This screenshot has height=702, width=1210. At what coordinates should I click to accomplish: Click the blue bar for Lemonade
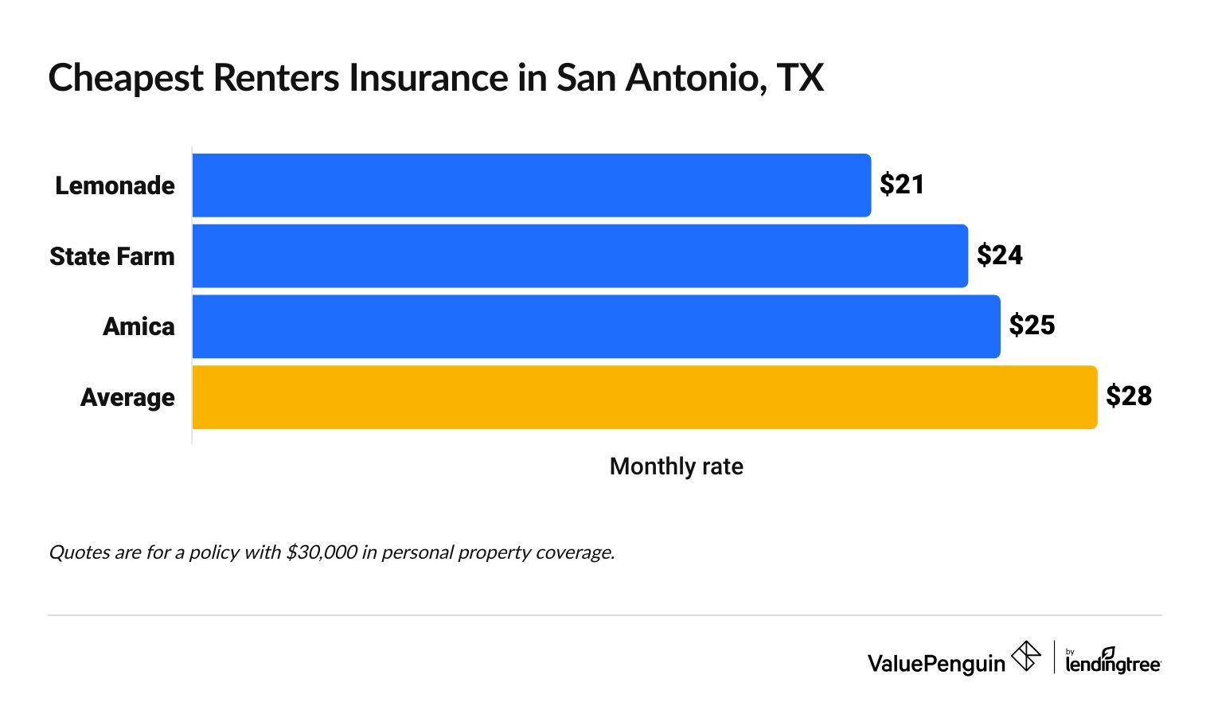(531, 185)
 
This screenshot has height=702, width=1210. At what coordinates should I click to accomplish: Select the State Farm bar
(580, 255)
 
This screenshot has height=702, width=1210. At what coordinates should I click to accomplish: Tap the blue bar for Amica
(595, 326)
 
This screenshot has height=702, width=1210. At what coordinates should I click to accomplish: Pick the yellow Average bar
(644, 397)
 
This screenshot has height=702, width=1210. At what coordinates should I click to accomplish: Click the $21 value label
(902, 185)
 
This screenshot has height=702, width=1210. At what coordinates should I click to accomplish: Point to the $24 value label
(999, 255)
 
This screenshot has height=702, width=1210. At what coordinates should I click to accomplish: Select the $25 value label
(1032, 326)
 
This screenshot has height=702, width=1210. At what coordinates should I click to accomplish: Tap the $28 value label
(1129, 396)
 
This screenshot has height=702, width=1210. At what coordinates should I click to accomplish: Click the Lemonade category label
(115, 185)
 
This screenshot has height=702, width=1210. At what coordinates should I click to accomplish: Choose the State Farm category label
(112, 256)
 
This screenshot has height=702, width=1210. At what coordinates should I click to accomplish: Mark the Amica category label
(139, 326)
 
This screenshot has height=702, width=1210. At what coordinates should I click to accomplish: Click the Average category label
(127, 397)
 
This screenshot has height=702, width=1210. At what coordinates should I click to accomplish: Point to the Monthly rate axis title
(676, 466)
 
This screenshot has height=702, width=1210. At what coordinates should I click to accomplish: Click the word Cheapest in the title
(126, 79)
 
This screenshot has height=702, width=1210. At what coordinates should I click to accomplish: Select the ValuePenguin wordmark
(936, 663)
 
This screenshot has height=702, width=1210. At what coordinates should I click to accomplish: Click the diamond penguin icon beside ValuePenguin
(1026, 657)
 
